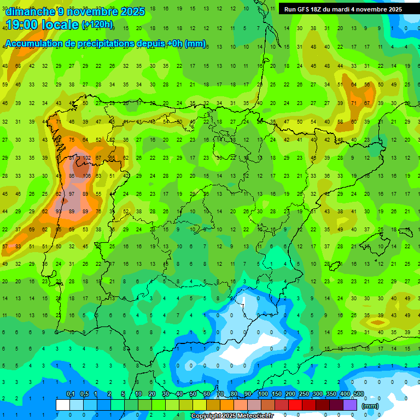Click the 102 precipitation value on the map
pyautogui.click(x=85, y=158)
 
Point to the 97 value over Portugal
pyautogui.click(x=72, y=194)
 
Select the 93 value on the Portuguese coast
pyautogui.click(x=59, y=212)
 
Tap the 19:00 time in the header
pyautogui.click(x=26, y=25)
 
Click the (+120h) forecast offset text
pyautogui.click(x=97, y=25)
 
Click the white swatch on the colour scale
pyautogui.click(x=63, y=405)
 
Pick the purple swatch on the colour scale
pyautogui.click(x=351, y=405)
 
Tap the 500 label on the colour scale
pyautogui.click(x=358, y=394)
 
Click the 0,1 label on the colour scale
pyautogui.click(x=71, y=394)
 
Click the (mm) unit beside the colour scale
pyautogui.click(x=370, y=406)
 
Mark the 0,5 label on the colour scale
pyautogui.click(x=84, y=394)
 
